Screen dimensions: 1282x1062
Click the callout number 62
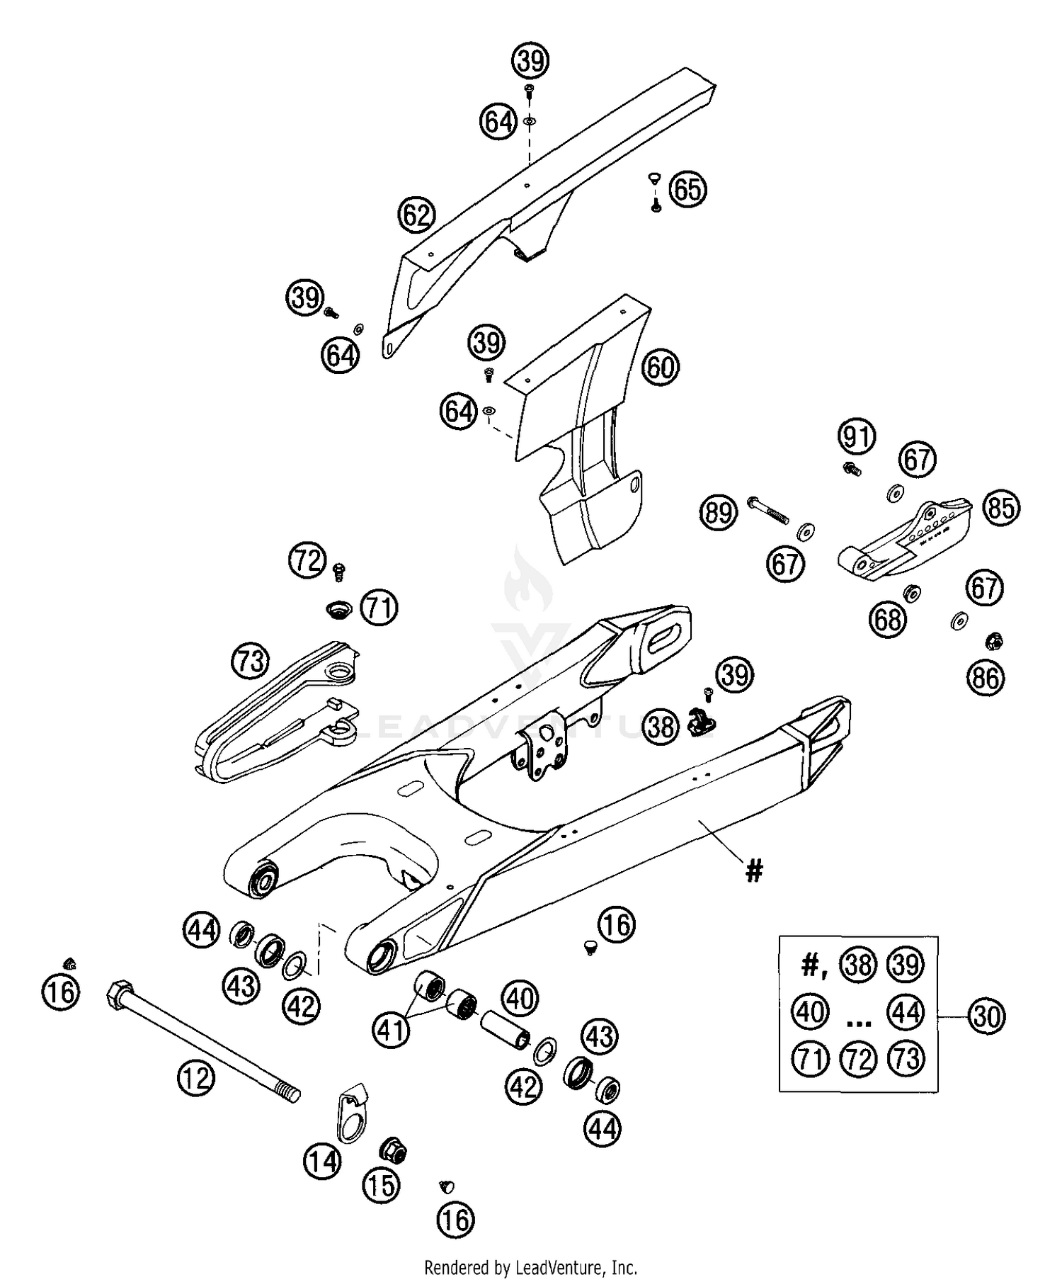(x=416, y=215)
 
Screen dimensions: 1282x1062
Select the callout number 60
(x=660, y=368)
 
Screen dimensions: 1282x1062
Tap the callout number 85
(x=1001, y=508)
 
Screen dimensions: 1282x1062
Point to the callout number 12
(x=195, y=1078)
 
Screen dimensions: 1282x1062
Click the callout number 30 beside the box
(x=986, y=1016)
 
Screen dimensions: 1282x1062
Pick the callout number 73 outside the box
(x=251, y=661)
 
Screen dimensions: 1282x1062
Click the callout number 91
(x=857, y=437)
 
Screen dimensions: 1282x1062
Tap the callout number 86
(x=986, y=679)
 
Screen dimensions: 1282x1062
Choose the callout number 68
(x=888, y=620)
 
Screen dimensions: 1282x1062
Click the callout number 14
(x=323, y=1162)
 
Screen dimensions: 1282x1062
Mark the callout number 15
(x=382, y=1185)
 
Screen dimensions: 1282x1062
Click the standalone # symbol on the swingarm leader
(x=755, y=871)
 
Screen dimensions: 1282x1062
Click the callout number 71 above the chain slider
(x=379, y=608)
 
